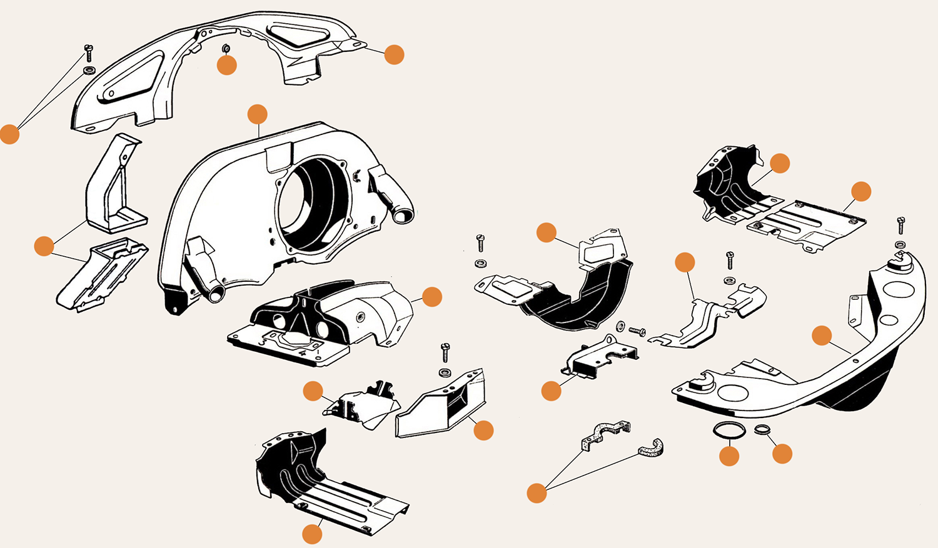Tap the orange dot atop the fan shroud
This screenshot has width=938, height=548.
click(x=257, y=114)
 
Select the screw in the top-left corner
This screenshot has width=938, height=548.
click(x=88, y=52)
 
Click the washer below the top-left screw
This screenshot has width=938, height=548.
click(x=89, y=69)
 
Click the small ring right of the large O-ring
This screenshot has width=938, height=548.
click(x=762, y=429)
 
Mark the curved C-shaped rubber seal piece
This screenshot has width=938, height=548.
click(x=652, y=447)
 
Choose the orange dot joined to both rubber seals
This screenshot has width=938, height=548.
click(x=537, y=493)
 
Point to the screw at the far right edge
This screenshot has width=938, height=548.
click(x=901, y=224)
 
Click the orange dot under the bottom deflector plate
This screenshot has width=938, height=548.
click(x=312, y=534)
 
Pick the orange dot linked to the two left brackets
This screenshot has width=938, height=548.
click(x=44, y=246)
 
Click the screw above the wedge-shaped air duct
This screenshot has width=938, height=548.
click(x=445, y=352)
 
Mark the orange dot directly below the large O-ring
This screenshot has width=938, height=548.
click(x=729, y=456)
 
